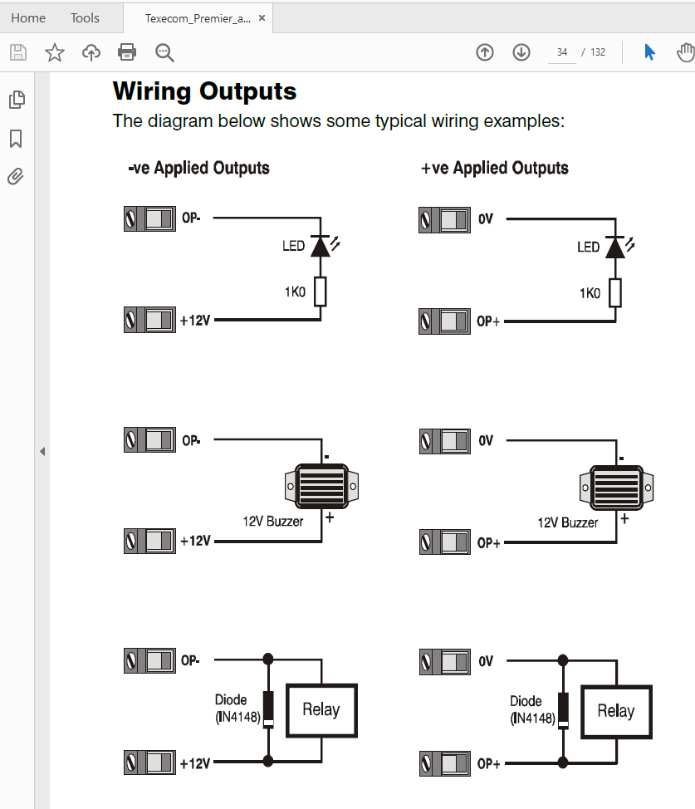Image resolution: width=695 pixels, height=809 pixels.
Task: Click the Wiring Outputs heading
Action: pos(204,91)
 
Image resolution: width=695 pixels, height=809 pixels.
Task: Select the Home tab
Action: pos(28,17)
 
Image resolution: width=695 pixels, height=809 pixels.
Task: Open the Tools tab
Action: pos(85,17)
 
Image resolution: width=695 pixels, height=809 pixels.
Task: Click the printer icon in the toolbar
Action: pos(127,52)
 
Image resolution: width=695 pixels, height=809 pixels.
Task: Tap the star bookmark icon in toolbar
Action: pos(55,52)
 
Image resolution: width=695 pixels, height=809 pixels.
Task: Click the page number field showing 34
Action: pos(562,52)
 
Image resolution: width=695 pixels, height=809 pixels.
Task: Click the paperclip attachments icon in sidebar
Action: pos(16,176)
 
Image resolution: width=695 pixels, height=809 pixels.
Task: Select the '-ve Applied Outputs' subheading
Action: pos(198,168)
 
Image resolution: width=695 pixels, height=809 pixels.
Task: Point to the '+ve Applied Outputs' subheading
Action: pos(495,168)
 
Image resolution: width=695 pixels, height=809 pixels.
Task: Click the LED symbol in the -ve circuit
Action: pos(321,246)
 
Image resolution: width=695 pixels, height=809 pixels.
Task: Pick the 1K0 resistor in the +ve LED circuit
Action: pos(615,292)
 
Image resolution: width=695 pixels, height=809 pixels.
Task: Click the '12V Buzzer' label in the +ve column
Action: pos(568,522)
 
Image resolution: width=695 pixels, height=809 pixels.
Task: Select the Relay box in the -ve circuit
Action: pos(321,710)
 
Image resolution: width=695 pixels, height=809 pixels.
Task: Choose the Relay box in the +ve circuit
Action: pos(616,711)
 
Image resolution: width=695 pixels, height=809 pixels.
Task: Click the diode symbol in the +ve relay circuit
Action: pos(563,710)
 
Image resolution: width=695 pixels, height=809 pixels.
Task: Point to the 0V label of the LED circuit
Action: pos(486,219)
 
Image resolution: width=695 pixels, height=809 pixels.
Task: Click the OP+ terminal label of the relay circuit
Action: pos(488,764)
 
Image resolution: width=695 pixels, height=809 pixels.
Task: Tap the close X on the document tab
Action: pos(262,17)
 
